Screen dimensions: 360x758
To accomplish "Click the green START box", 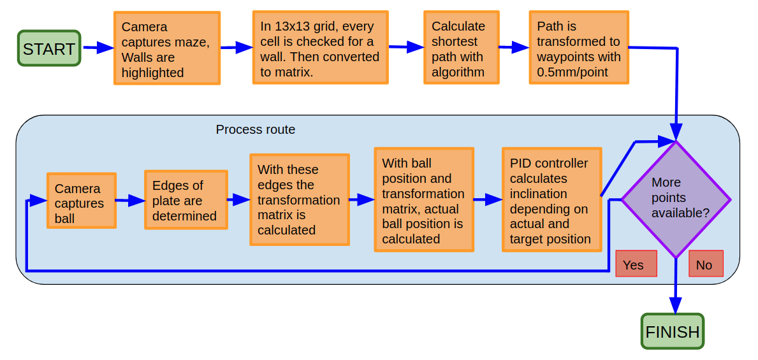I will point(49,48).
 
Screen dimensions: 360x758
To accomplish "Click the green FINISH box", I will point(672,331).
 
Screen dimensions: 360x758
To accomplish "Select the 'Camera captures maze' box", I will point(167,48).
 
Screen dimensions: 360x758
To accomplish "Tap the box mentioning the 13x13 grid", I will point(320,48).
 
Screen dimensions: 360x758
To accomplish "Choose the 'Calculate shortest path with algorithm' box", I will point(461,48).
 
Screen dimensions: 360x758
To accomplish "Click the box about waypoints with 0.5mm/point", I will point(578,48).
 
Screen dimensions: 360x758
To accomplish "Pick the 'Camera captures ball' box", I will point(82,201).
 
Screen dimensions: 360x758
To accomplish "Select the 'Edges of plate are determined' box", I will point(186,200).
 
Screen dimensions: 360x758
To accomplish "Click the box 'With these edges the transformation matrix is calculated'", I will point(299,199).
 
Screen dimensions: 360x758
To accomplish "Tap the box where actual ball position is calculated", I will point(423,200).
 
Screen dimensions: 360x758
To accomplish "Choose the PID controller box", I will point(551,200).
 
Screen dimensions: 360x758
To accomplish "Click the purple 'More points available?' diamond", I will point(676,199).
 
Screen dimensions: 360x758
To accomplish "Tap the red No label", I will point(706,264).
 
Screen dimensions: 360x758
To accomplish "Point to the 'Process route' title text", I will point(255,129).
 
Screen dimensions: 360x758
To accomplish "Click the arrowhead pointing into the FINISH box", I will point(675,306).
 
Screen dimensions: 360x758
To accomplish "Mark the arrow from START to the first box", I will point(98,48).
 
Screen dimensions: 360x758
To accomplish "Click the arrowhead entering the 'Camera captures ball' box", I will point(39,200).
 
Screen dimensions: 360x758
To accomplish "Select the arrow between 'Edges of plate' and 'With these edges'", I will point(238,199).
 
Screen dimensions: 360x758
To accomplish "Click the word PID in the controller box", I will point(521,164).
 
